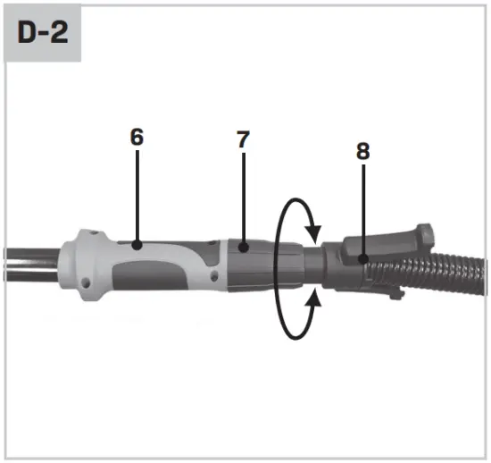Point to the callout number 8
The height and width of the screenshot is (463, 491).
coord(362,151)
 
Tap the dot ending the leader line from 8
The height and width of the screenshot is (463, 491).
coord(362,260)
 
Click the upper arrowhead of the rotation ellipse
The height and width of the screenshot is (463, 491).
coord(312,234)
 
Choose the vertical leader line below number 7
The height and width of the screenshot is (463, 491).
coord(243,197)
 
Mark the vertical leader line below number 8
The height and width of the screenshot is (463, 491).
coord(362,210)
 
